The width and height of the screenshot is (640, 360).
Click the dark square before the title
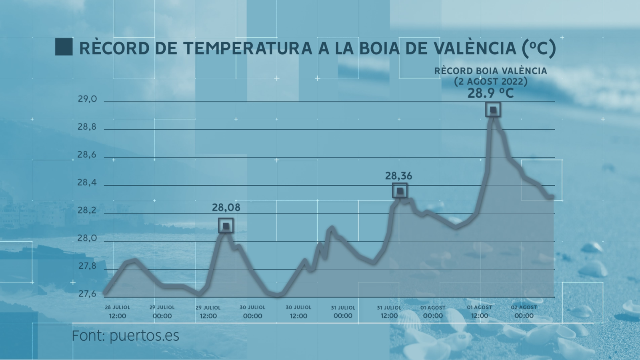click(x=64, y=47)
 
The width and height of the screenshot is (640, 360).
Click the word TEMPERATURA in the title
click(x=247, y=48)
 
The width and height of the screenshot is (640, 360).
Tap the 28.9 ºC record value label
click(x=490, y=93)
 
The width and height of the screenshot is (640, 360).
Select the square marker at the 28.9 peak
click(x=493, y=109)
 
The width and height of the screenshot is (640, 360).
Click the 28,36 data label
click(x=398, y=176)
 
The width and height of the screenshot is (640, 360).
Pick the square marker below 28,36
click(x=400, y=191)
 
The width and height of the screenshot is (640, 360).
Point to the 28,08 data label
click(x=226, y=207)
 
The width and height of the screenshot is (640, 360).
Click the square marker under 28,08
click(x=226, y=226)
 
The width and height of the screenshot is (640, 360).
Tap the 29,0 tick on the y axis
click(x=87, y=99)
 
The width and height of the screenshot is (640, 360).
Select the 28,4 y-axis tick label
click(x=87, y=183)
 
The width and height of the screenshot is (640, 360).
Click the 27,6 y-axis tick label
click(x=87, y=294)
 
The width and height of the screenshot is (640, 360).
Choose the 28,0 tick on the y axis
click(x=87, y=238)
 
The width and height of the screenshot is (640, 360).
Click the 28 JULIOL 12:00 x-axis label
click(x=117, y=312)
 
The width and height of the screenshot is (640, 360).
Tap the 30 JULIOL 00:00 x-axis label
click(x=252, y=312)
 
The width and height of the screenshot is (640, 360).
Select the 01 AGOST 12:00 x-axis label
click(x=479, y=312)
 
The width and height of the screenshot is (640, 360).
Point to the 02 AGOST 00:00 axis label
click(x=524, y=312)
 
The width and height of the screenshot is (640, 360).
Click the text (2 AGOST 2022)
click(x=490, y=81)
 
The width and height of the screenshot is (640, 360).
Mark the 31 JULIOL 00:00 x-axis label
click(x=343, y=312)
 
